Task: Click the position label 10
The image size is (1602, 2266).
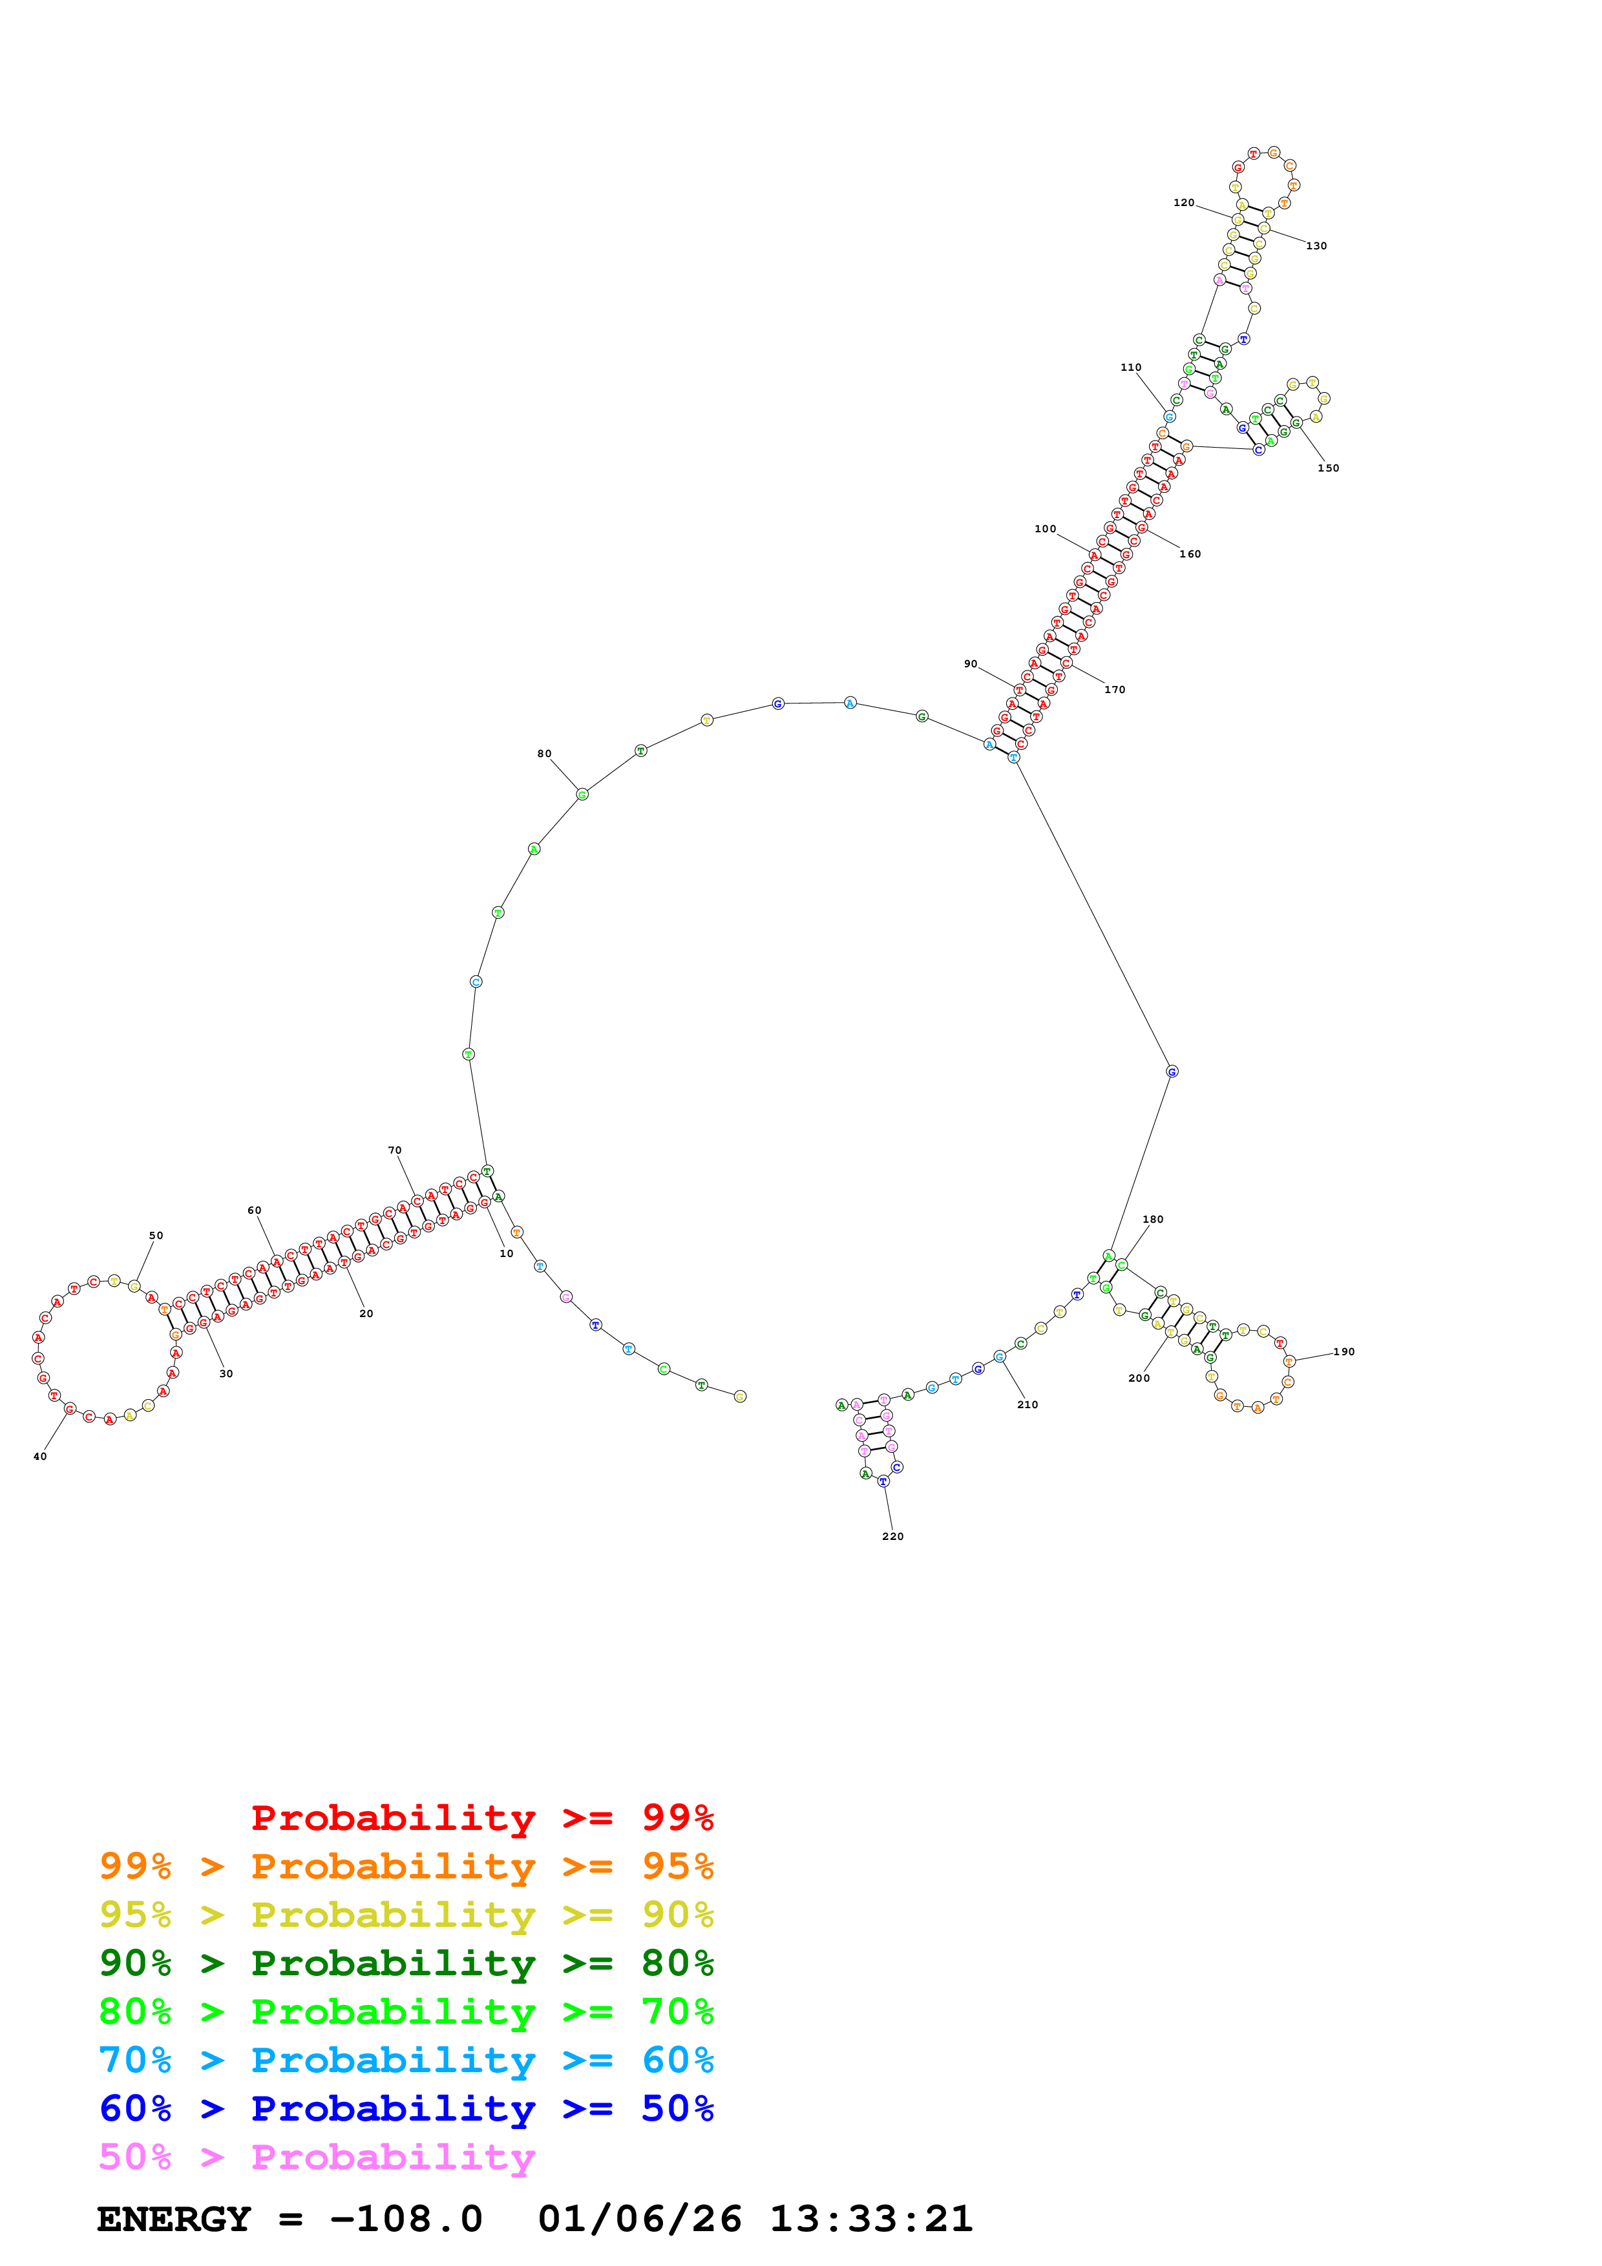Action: (507, 1253)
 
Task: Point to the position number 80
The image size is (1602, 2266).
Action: (544, 753)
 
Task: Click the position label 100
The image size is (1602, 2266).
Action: (1046, 529)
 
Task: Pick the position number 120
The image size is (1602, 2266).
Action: (1183, 202)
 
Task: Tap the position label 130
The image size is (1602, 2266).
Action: (1317, 245)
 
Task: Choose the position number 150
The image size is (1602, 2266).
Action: (1329, 468)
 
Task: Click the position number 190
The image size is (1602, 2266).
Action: (1344, 1351)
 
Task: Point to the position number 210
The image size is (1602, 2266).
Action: (1028, 1404)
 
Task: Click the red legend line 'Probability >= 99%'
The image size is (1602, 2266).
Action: (481, 1817)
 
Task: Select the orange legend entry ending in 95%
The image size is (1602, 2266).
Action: (406, 1866)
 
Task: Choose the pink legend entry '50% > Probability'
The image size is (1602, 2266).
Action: (317, 2156)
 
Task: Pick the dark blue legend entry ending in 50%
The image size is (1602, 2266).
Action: (406, 2108)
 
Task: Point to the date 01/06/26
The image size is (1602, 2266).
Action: (640, 2219)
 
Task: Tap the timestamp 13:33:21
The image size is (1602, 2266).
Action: (870, 2219)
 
